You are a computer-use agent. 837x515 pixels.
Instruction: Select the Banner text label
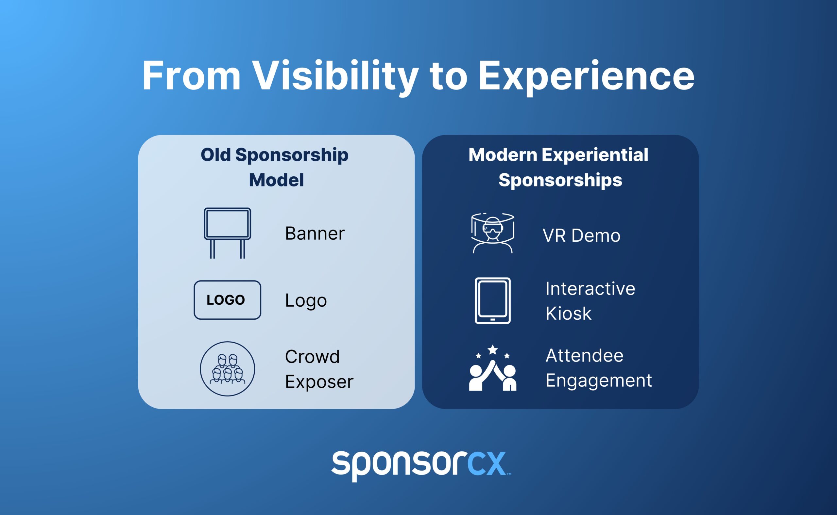[315, 233]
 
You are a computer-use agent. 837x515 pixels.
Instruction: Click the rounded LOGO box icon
[228, 300]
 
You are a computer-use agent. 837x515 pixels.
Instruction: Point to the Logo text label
[306, 301]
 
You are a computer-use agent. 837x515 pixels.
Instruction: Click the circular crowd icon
[228, 369]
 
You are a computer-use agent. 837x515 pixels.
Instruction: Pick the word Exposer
[319, 381]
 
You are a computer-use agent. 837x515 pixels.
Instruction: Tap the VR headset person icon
[493, 233]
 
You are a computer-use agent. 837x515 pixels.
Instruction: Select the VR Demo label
[581, 236]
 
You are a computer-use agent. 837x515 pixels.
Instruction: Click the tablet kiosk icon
[493, 300]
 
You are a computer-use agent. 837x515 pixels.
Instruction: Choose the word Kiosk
[568, 314]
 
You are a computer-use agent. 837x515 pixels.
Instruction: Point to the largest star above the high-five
[493, 349]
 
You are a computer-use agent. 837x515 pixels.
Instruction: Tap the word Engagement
[599, 381]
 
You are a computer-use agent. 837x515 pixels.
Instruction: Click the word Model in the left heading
[276, 180]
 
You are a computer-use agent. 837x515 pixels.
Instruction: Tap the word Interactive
[590, 288]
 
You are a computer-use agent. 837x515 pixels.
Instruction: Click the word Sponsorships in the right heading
[560, 180]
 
